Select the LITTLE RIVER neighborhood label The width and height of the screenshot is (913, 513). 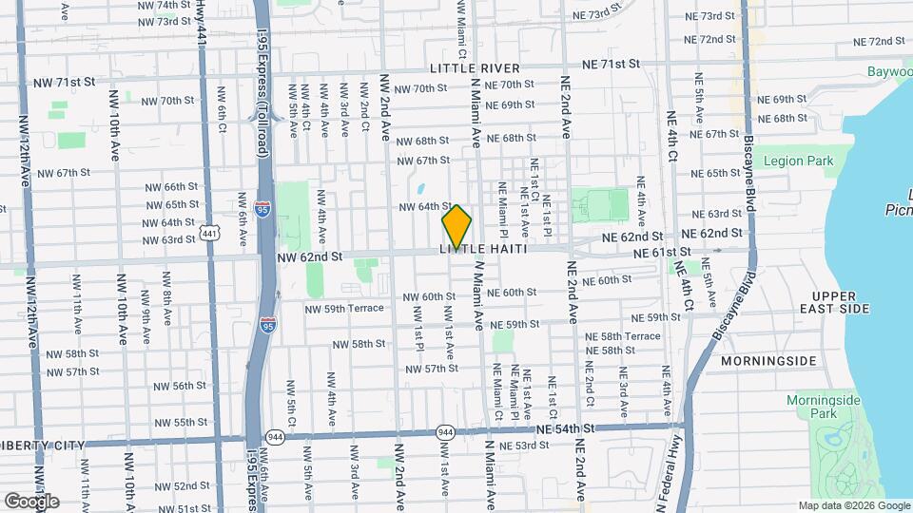(x=475, y=68)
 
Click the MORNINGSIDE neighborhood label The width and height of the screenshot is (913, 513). (x=768, y=361)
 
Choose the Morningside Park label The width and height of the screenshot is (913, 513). (x=823, y=407)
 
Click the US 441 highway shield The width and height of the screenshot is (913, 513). (x=210, y=232)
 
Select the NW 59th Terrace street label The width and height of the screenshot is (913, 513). (x=344, y=308)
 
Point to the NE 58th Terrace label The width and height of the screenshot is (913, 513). (x=623, y=336)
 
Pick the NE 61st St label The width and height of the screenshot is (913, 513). (x=664, y=251)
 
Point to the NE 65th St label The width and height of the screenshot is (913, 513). (x=716, y=174)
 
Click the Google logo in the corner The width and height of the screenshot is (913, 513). (x=31, y=502)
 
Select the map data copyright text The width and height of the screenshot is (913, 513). (x=853, y=505)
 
